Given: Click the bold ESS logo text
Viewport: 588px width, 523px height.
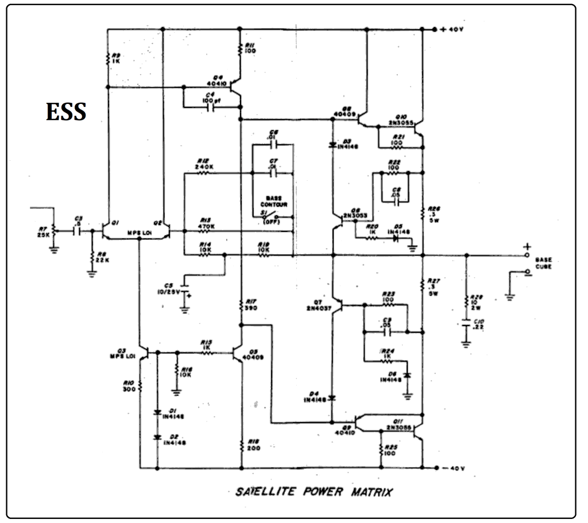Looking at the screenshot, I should click(x=66, y=112).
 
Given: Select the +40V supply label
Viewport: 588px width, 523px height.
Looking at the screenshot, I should click(x=451, y=29).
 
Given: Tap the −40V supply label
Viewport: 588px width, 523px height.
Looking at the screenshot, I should click(x=451, y=468).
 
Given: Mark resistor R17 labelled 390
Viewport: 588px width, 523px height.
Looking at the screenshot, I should click(x=241, y=304).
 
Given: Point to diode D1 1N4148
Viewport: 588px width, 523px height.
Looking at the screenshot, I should click(x=157, y=412).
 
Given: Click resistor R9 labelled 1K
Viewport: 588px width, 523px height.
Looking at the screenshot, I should click(x=107, y=58).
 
